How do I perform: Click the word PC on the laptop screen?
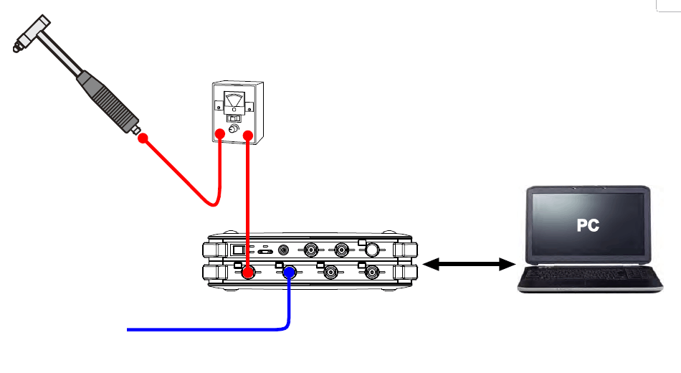coord(588,225)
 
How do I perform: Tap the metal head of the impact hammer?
coord(32,34)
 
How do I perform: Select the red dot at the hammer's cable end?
coord(143,138)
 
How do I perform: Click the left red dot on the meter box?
coord(220,134)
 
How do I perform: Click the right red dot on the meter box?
coord(248,136)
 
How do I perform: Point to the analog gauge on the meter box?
coord(234,103)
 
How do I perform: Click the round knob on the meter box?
coord(234,128)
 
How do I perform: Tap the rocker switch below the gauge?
coord(234,118)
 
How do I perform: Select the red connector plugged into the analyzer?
coord(247,273)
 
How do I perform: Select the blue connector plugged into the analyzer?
coord(290,273)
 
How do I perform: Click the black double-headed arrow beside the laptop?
coord(469,264)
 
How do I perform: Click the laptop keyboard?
coord(590,274)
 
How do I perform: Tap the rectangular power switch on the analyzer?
coord(238,250)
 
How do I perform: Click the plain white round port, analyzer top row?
coord(372,250)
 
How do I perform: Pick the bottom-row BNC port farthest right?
coord(372,273)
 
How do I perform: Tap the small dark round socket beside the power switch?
coord(283,250)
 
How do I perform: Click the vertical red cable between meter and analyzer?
coord(247,202)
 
